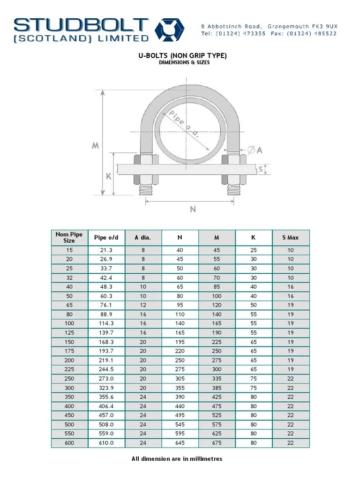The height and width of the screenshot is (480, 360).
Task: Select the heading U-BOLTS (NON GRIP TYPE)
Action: (x=182, y=56)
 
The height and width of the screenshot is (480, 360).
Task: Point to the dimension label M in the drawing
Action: (x=95, y=145)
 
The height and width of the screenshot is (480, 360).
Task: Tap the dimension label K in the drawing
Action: (x=109, y=177)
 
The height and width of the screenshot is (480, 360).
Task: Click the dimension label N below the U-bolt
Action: (x=193, y=210)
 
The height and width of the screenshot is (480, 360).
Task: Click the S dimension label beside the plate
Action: (x=261, y=169)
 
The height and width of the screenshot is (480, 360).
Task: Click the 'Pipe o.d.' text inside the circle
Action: (x=183, y=124)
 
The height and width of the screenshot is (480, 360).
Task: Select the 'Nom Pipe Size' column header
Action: (x=69, y=237)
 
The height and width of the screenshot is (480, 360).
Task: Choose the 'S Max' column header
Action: (x=290, y=238)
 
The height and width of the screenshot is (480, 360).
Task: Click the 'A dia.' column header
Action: (x=143, y=238)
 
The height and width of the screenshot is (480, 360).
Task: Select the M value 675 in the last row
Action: (x=217, y=443)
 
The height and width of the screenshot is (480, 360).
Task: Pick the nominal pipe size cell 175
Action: (x=69, y=351)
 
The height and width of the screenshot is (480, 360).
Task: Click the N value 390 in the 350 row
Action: (x=180, y=397)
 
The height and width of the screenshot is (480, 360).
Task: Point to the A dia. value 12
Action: (x=143, y=305)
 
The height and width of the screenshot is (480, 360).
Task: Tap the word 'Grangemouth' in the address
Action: (x=293, y=26)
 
